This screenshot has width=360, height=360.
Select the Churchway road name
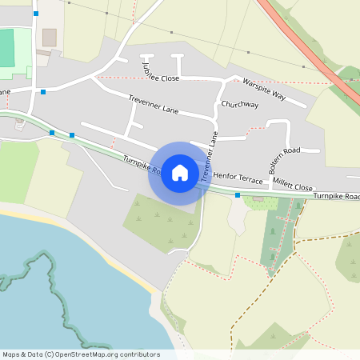pyautogui.click(x=240, y=104)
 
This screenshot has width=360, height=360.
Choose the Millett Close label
pyautogui.click(x=293, y=185)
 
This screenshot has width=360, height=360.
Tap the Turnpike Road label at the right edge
pyautogui.click(x=336, y=196)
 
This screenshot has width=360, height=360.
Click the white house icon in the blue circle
pyautogui.click(x=180, y=173)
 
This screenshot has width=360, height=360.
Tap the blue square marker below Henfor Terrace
pyautogui.click(x=238, y=194)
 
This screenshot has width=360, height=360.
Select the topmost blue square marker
pyautogui.click(x=36, y=14)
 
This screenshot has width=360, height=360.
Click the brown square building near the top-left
pyautogui.click(x=50, y=38)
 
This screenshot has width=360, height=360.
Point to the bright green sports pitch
pyautogui.click(x=7, y=48)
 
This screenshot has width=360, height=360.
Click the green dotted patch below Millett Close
pyautogui.click(x=261, y=202)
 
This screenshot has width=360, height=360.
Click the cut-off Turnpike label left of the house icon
pyautogui.click(x=142, y=166)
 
